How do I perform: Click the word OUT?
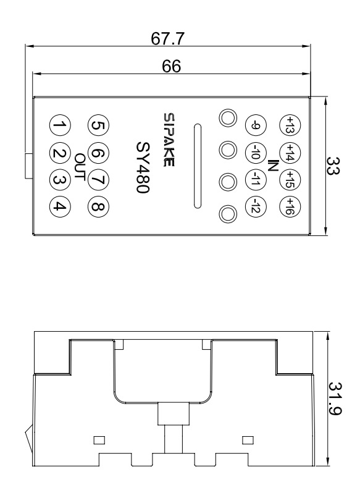[78, 165]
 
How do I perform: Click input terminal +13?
[287, 126]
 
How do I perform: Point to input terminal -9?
[256, 126]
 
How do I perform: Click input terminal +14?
[287, 152]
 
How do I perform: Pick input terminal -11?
[256, 179]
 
